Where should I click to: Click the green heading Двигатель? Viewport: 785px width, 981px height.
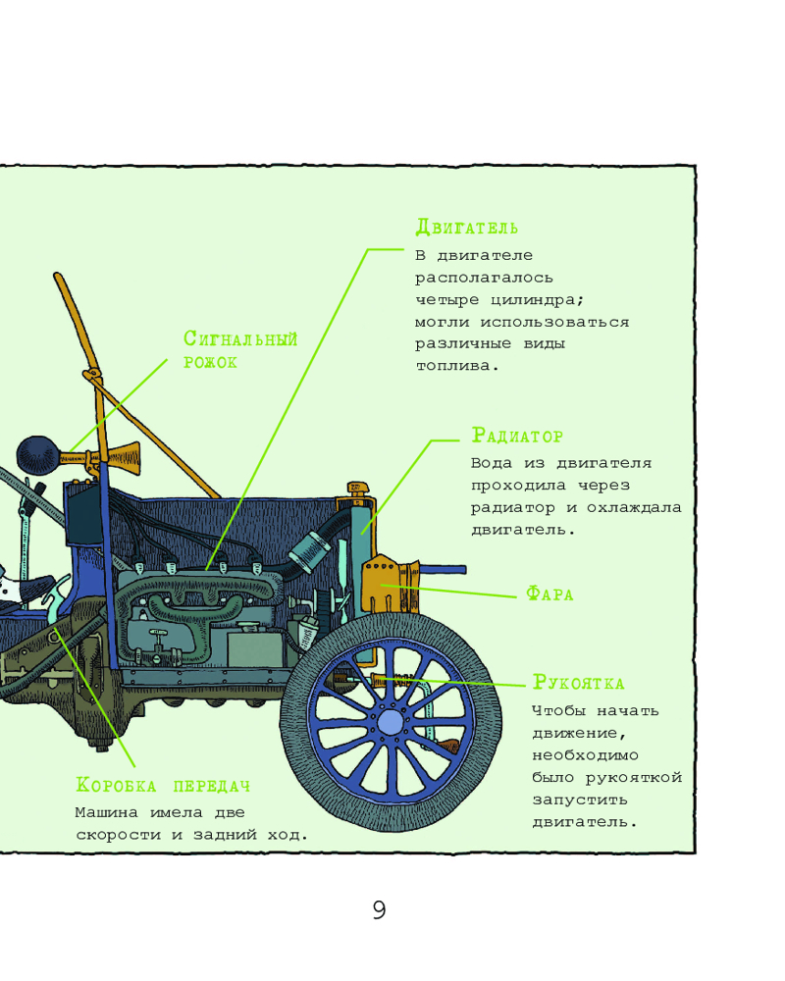coord(466,228)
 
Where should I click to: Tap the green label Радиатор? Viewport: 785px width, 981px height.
coord(517,435)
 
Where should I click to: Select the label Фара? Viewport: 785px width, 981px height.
coord(549,594)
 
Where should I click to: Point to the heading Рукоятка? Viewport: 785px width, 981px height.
coord(578,683)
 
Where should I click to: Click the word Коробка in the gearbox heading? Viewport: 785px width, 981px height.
coord(117,786)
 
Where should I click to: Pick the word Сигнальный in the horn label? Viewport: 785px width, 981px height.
coord(240,339)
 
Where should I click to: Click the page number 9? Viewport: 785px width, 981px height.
coord(380,909)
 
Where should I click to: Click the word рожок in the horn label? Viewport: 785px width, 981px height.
coord(210,362)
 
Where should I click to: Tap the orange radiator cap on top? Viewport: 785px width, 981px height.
coord(355,487)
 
